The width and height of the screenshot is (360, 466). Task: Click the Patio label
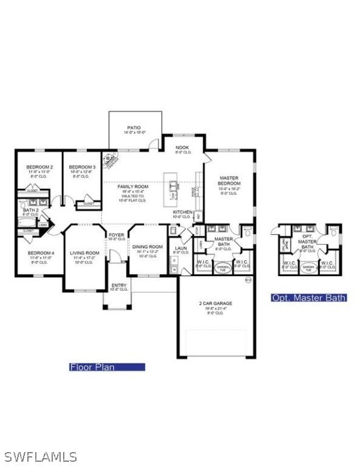(134, 128)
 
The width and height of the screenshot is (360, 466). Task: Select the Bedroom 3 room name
(82, 167)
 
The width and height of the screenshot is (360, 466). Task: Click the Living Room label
(84, 253)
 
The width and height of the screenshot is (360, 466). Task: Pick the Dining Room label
(148, 247)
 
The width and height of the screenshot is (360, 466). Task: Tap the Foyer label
(116, 234)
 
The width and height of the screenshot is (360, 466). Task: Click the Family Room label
(132, 186)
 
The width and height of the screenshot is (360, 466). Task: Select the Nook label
(182, 147)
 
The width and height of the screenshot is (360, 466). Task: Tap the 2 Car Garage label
(216, 303)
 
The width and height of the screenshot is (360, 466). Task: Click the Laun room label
(181, 248)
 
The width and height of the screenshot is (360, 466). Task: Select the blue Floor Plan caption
(107, 366)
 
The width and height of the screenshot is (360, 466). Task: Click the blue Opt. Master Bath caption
(309, 297)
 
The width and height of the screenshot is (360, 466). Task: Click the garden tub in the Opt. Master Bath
(308, 268)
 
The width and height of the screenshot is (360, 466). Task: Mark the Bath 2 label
(30, 210)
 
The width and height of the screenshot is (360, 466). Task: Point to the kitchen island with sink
(174, 189)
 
